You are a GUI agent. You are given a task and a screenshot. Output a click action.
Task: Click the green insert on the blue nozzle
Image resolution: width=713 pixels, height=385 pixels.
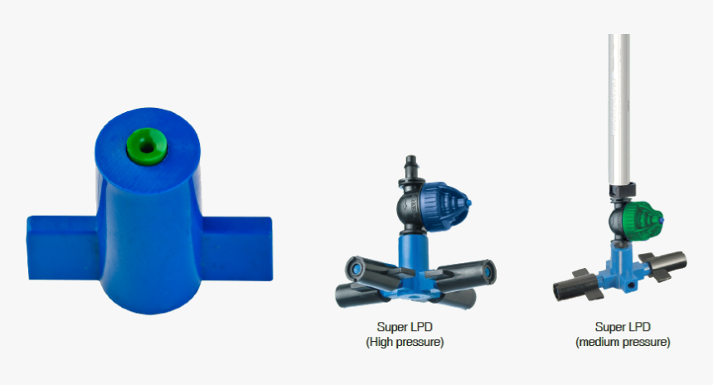point(147,146)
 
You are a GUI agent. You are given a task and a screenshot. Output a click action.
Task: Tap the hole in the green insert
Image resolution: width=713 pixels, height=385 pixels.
point(147,147)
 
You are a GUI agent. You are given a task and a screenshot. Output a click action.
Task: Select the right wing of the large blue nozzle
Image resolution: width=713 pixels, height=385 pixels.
point(236,248)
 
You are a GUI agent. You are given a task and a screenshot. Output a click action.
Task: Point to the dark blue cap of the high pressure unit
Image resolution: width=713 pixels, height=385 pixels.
point(444,207)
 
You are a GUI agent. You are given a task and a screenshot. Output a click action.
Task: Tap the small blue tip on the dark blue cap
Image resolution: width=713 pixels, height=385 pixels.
point(468,203)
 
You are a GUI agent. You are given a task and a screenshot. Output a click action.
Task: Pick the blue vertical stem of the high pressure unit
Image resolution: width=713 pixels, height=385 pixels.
point(413,251)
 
